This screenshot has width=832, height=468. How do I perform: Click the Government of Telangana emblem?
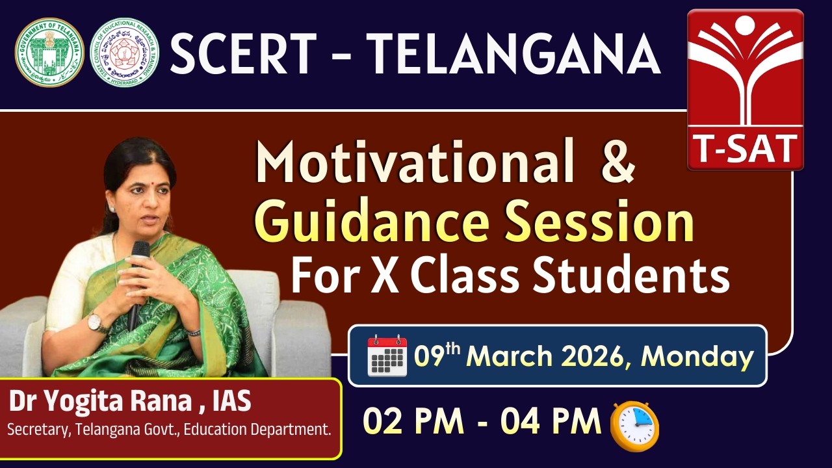click(x=49, y=52)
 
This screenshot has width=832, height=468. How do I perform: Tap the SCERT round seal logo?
click(x=124, y=52)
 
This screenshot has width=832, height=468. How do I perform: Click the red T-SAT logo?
click(x=746, y=90)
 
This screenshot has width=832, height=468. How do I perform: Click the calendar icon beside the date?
click(x=387, y=356)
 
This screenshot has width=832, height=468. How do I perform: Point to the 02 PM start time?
click(x=413, y=422)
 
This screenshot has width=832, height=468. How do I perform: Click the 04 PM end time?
click(x=551, y=422)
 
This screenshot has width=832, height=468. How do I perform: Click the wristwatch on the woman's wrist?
click(x=95, y=322)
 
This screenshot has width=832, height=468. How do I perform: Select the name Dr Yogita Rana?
click(x=101, y=402)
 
